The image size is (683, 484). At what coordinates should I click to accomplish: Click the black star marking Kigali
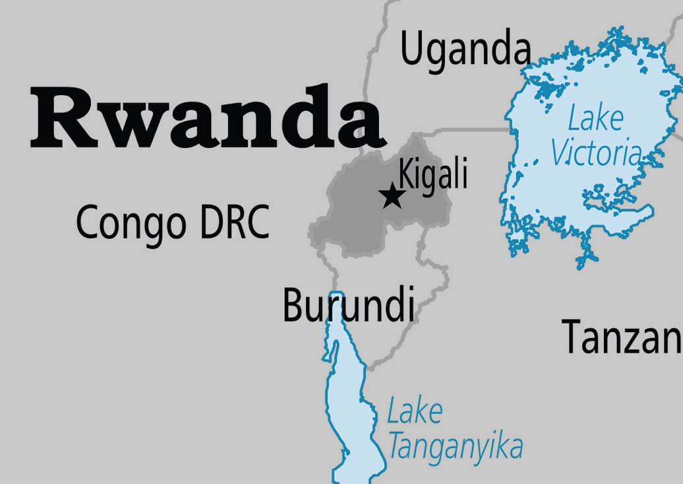(x=392, y=196)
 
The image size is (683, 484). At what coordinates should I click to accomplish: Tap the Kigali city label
(x=434, y=176)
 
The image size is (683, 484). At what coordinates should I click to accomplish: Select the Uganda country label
(x=465, y=50)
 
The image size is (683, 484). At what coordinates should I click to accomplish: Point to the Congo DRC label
(x=173, y=223)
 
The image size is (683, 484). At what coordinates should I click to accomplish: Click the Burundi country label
(x=349, y=306)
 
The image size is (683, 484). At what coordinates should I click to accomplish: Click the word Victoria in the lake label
(x=596, y=153)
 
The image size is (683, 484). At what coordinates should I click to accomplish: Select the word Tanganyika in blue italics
(x=456, y=447)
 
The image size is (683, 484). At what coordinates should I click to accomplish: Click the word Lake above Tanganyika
(x=414, y=412)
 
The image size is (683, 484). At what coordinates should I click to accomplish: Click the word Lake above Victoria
(x=595, y=119)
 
